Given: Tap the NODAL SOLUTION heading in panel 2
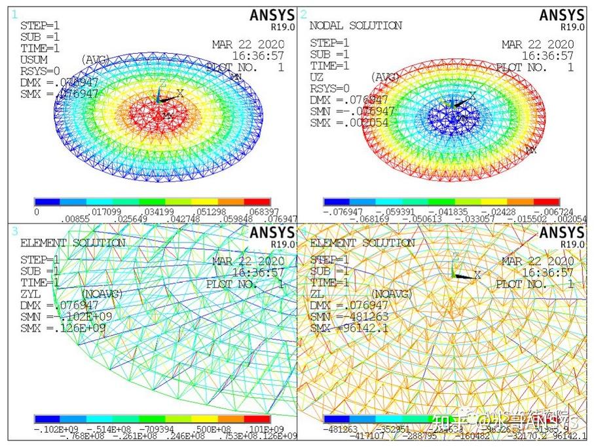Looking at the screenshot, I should pyautogui.click(x=356, y=26).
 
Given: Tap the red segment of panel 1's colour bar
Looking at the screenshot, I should pyautogui.click(x=257, y=201).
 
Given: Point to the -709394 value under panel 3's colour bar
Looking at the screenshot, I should pyautogui.click(x=154, y=428).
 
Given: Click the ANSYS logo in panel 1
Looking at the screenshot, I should pyautogui.click(x=270, y=15).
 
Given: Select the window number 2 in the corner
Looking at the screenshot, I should pyautogui.click(x=303, y=14).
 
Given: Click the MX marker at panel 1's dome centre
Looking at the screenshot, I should pyautogui.click(x=168, y=115).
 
